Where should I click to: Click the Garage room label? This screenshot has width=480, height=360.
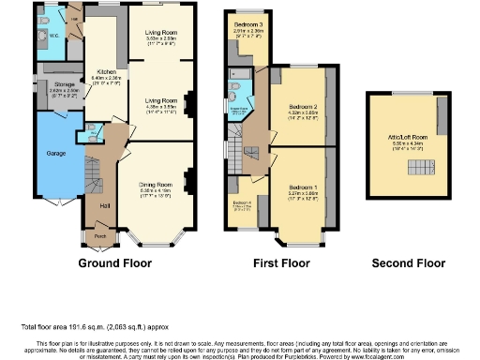point(55,151)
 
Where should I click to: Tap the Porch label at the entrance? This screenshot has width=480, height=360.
point(100,235)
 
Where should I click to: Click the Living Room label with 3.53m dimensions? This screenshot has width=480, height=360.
point(161,32)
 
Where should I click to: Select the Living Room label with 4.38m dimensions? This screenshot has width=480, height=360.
point(160,97)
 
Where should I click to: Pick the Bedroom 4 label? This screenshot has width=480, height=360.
point(242,202)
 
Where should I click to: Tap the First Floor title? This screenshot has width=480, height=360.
point(281,264)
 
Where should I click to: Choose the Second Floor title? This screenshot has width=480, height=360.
point(408,264)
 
